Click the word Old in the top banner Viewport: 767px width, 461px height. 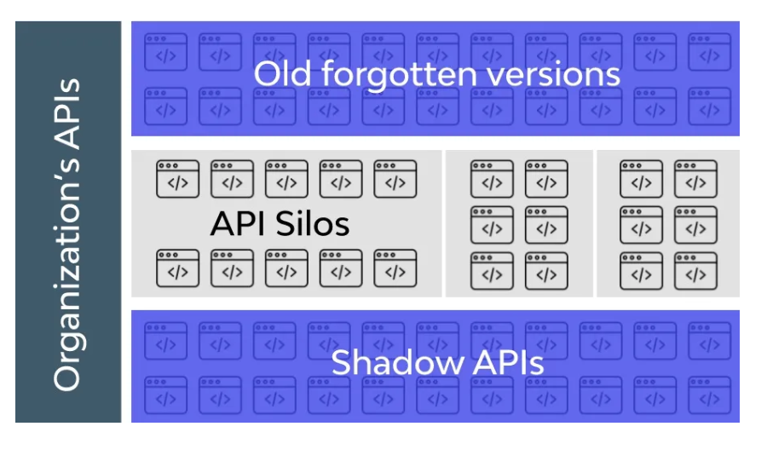coord(282,74)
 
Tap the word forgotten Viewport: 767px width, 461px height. coord(399,75)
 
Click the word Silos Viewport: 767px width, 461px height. coord(313,223)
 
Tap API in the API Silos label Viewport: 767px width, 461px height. coord(239,224)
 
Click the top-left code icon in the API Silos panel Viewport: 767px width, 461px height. coord(177,179)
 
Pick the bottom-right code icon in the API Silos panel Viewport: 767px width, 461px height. coord(395,268)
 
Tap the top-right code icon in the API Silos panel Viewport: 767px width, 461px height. coord(395,179)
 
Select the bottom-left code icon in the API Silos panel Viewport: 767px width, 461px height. coord(177,268)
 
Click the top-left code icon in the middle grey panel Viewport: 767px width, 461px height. coord(492,179)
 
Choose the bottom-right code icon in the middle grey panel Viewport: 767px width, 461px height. coord(546,271)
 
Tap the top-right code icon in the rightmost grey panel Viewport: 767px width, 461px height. coord(695,179)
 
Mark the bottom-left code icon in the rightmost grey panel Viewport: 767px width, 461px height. coord(641,271)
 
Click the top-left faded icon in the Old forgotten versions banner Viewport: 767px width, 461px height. coord(166,52)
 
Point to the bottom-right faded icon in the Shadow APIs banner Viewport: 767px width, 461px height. coord(710,395)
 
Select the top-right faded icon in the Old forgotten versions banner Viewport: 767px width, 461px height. coord(710,52)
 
